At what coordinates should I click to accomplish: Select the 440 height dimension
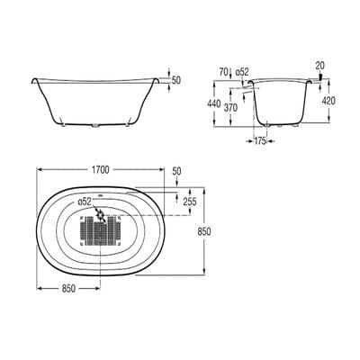[x=213, y=104]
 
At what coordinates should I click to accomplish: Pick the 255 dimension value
[x=189, y=202]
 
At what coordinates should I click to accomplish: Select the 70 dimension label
[x=221, y=69]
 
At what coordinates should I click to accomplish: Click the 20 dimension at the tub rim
[x=319, y=65]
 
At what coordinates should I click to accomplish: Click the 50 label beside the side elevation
[x=176, y=80]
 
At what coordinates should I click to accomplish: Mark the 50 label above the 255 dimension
[x=175, y=171]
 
